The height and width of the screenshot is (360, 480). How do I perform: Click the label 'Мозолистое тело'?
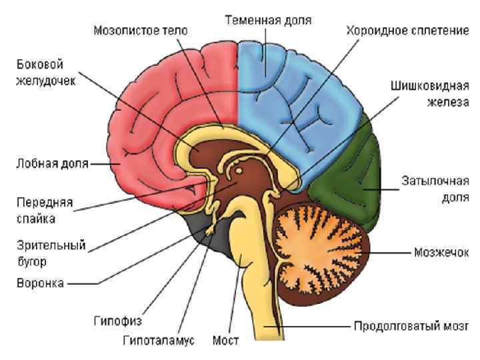pos(141,31)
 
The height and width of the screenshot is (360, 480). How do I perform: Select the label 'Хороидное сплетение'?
pos(407,31)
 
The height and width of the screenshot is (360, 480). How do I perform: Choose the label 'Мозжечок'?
pos(441,253)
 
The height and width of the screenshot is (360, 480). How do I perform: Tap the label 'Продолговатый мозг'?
pos(410,327)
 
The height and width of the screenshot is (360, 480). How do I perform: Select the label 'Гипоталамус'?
pos(158,341)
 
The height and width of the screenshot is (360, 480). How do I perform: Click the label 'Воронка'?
pos(40,283)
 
